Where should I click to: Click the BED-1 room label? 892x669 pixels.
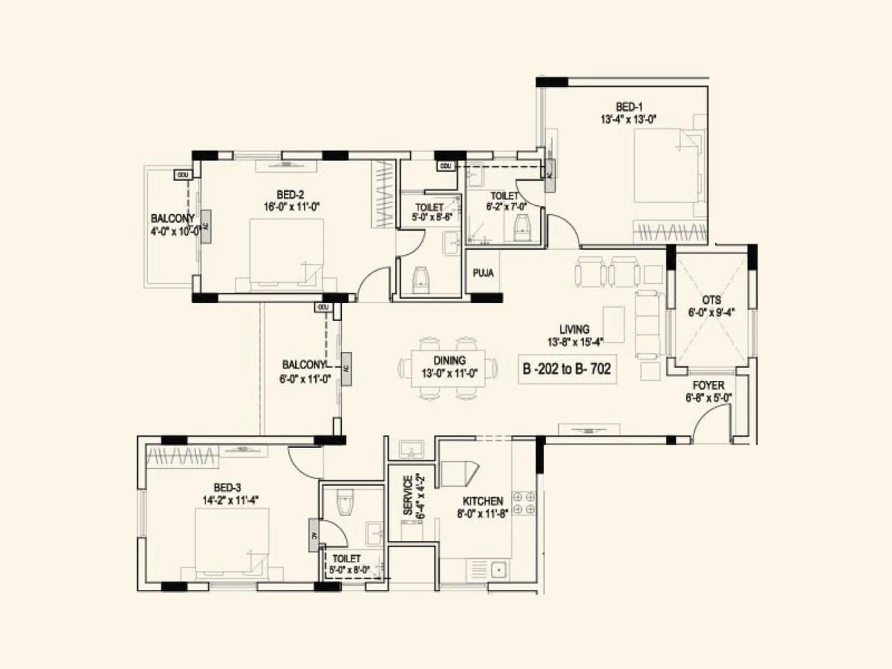629,106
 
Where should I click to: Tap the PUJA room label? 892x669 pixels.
483,273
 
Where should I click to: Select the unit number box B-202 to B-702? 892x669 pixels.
566,369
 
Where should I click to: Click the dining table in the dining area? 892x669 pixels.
448,368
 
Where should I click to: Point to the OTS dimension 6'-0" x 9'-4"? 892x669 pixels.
711,312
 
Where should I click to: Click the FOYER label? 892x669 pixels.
708,385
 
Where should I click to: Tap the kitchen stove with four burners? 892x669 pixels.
524,502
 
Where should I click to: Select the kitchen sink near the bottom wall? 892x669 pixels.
498,570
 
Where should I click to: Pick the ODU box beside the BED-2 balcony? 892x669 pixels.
182,175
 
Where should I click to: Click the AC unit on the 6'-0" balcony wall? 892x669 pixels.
346,369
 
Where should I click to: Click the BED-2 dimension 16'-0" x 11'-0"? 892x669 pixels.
291,207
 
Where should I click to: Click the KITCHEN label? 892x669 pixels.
482,501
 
